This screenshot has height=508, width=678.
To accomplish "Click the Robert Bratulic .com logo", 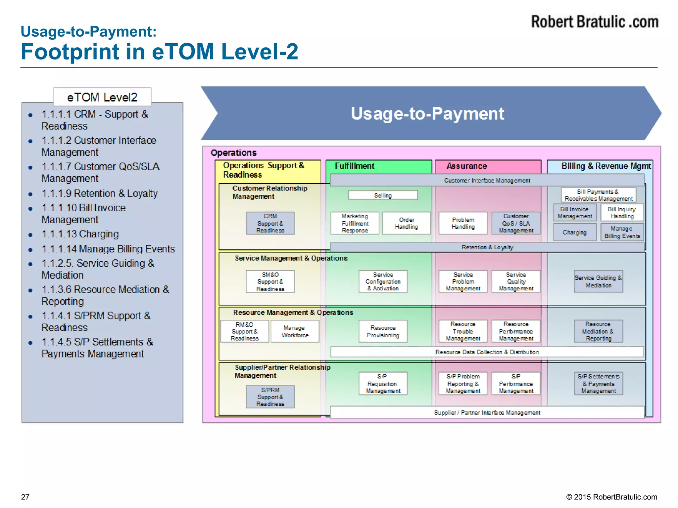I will click(x=595, y=22).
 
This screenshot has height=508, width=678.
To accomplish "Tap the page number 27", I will click(x=25, y=497).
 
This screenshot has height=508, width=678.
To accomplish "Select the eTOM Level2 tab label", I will click(x=102, y=97).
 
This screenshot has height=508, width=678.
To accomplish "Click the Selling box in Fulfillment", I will click(x=383, y=195).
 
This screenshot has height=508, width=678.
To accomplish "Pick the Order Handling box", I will click(x=406, y=223).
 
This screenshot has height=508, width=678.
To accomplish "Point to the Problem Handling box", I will click(x=463, y=223).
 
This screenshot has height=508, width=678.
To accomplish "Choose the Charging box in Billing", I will click(x=574, y=232).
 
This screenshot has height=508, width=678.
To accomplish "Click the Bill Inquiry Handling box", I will click(x=622, y=212).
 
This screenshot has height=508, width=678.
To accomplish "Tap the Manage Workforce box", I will click(x=295, y=331).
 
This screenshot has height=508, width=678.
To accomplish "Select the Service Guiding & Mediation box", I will click(x=598, y=281).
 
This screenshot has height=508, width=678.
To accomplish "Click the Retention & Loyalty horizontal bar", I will click(x=487, y=247).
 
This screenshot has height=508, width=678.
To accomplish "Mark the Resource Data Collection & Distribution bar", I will click(x=487, y=352).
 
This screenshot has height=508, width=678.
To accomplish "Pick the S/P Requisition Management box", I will click(x=383, y=384).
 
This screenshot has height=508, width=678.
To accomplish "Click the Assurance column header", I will click(x=466, y=166).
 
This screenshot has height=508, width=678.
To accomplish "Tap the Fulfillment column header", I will click(x=354, y=166).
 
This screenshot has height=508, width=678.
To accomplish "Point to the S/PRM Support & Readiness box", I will click(x=270, y=397).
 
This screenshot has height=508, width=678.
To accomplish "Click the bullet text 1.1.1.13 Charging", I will click(x=80, y=234).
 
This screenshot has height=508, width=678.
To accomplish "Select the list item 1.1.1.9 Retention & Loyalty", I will click(x=99, y=193).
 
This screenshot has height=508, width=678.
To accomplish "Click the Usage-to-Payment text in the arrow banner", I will click(x=427, y=113).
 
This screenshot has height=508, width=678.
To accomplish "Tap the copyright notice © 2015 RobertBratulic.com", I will click(x=611, y=497).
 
